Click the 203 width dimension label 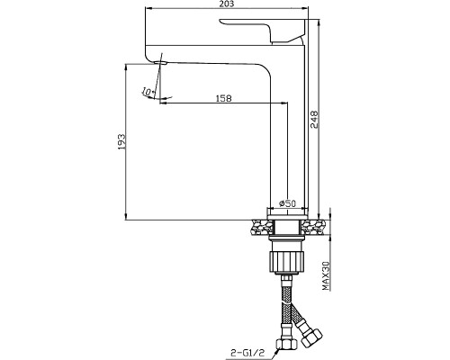(x=227, y=4)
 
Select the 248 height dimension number (x=313, y=120)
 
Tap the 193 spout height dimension (x=121, y=141)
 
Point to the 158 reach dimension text (x=224, y=98)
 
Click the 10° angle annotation (x=148, y=92)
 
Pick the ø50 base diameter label (x=287, y=203)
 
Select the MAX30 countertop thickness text (x=326, y=275)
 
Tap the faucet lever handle (x=264, y=31)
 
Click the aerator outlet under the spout (x=159, y=63)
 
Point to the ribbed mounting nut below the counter (x=287, y=262)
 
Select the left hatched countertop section (x=262, y=228)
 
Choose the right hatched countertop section (x=312, y=228)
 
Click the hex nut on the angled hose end (x=311, y=337)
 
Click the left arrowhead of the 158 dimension (x=163, y=103)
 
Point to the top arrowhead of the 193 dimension (x=126, y=67)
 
